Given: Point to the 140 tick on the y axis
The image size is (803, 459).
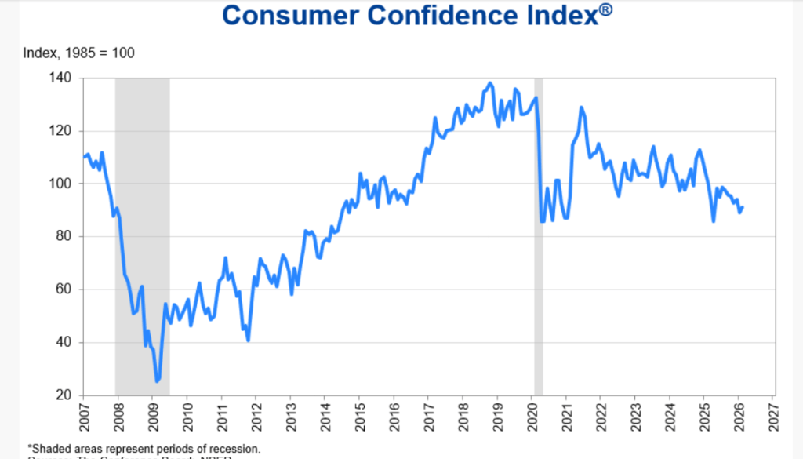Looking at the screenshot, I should point(61,78).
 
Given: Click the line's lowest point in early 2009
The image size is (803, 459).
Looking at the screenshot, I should point(157,381).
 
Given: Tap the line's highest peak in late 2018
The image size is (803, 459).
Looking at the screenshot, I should point(491,82).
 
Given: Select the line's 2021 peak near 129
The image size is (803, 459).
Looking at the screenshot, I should point(581,107).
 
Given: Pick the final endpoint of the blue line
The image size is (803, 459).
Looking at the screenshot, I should point(743,207).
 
